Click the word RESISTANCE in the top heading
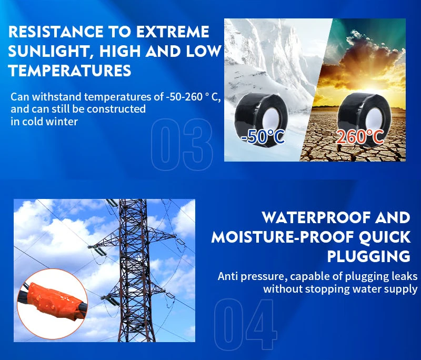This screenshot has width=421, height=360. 56,32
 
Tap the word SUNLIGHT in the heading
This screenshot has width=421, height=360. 48,51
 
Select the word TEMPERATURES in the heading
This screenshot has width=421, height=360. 70,71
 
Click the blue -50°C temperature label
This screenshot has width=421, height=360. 262,137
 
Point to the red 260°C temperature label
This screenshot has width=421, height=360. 360,137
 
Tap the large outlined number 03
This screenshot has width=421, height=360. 182,144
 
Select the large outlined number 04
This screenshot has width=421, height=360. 246,324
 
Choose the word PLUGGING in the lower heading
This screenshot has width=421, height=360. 369,256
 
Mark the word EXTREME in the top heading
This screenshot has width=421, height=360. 173,32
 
